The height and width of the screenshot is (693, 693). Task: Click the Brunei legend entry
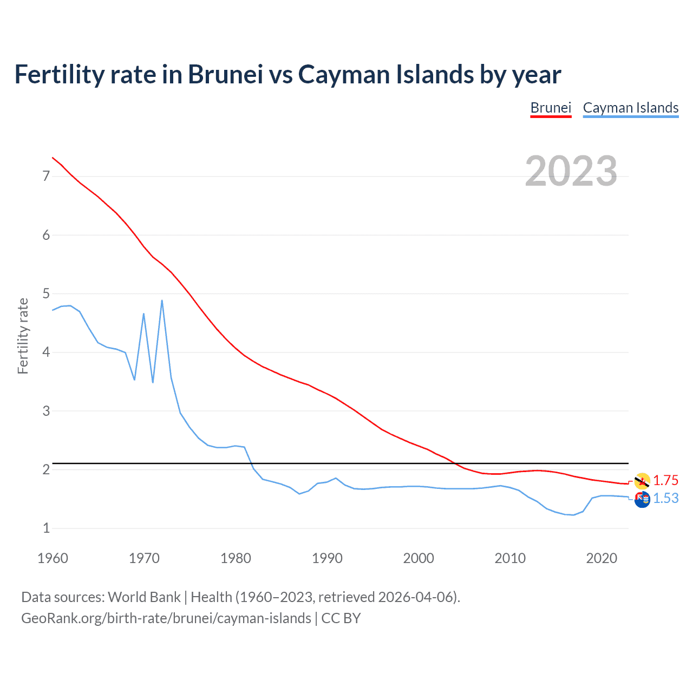[551, 108]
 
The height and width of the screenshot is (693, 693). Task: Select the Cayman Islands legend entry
[630, 108]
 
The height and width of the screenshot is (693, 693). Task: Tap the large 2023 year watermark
[571, 171]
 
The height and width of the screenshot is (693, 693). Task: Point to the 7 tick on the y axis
[46, 176]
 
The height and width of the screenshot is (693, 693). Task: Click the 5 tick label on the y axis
[46, 293]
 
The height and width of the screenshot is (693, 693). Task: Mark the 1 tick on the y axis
[46, 528]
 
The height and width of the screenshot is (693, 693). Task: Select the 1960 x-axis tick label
[53, 558]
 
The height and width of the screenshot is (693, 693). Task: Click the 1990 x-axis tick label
[327, 558]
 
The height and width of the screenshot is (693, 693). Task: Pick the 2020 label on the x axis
[602, 558]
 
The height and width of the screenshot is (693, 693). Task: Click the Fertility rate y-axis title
[23, 336]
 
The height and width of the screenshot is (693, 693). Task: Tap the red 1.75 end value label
[665, 480]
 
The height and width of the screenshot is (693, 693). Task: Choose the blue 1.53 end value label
[665, 498]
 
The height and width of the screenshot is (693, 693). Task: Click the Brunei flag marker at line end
[642, 481]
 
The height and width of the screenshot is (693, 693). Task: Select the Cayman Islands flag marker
[642, 500]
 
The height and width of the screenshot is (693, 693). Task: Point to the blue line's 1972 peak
[162, 300]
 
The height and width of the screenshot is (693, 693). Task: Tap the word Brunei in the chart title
[225, 74]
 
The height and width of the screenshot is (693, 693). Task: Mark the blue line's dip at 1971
[153, 382]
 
